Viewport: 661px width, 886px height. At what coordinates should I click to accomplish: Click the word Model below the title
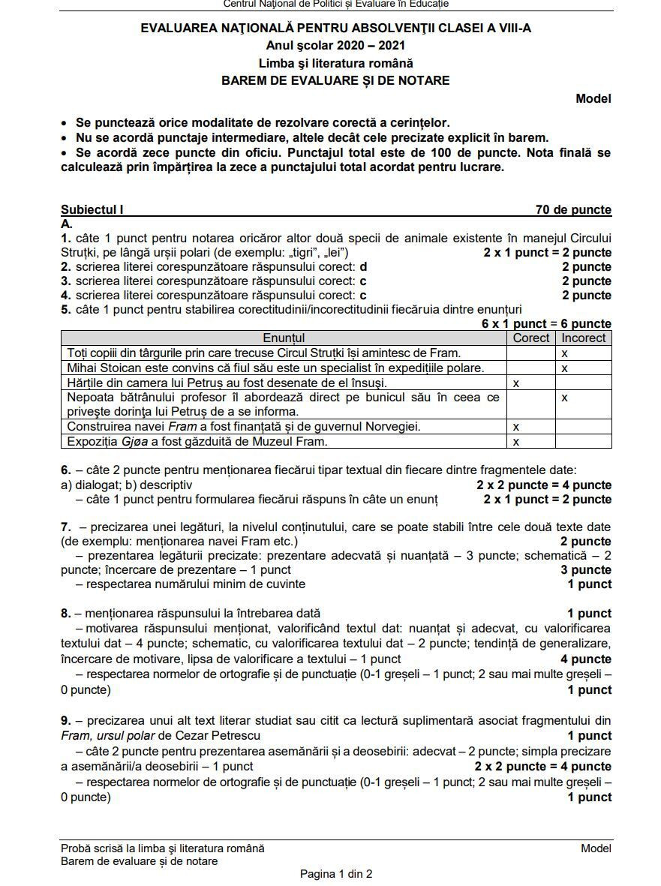pos(593,98)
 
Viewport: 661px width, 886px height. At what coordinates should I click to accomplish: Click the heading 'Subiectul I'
pos(92,210)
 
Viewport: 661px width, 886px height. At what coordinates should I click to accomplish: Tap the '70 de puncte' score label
pos(573,210)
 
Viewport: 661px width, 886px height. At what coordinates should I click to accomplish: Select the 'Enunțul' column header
pos(284,338)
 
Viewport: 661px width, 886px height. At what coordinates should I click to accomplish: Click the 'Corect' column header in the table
pos(531,338)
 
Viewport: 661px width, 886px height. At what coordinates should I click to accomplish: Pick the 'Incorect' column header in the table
pos(583,338)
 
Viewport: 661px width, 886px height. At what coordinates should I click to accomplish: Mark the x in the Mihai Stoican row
pos(564,368)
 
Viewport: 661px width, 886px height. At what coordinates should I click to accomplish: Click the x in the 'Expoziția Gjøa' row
pos(515,442)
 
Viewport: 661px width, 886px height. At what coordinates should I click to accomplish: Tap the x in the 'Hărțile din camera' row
pos(515,383)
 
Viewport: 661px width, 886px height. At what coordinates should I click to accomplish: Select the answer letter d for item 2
pos(363,267)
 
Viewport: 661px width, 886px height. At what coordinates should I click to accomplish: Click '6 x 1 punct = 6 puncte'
pos(546,324)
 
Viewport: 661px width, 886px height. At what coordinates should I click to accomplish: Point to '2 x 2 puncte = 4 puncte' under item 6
pos(544,485)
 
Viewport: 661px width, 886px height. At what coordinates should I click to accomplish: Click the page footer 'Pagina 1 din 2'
pos(336,874)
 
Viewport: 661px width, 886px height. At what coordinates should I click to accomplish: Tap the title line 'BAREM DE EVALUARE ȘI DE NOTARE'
pos(335,80)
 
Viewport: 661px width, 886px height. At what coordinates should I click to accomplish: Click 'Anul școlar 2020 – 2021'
pos(335,46)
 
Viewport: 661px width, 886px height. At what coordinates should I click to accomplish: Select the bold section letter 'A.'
pos(67,224)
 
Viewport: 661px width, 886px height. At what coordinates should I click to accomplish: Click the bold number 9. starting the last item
pos(66,720)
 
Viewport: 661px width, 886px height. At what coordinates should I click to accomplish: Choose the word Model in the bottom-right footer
pos(596,848)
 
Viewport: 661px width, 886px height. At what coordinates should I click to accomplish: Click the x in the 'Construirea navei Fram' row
pos(515,427)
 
